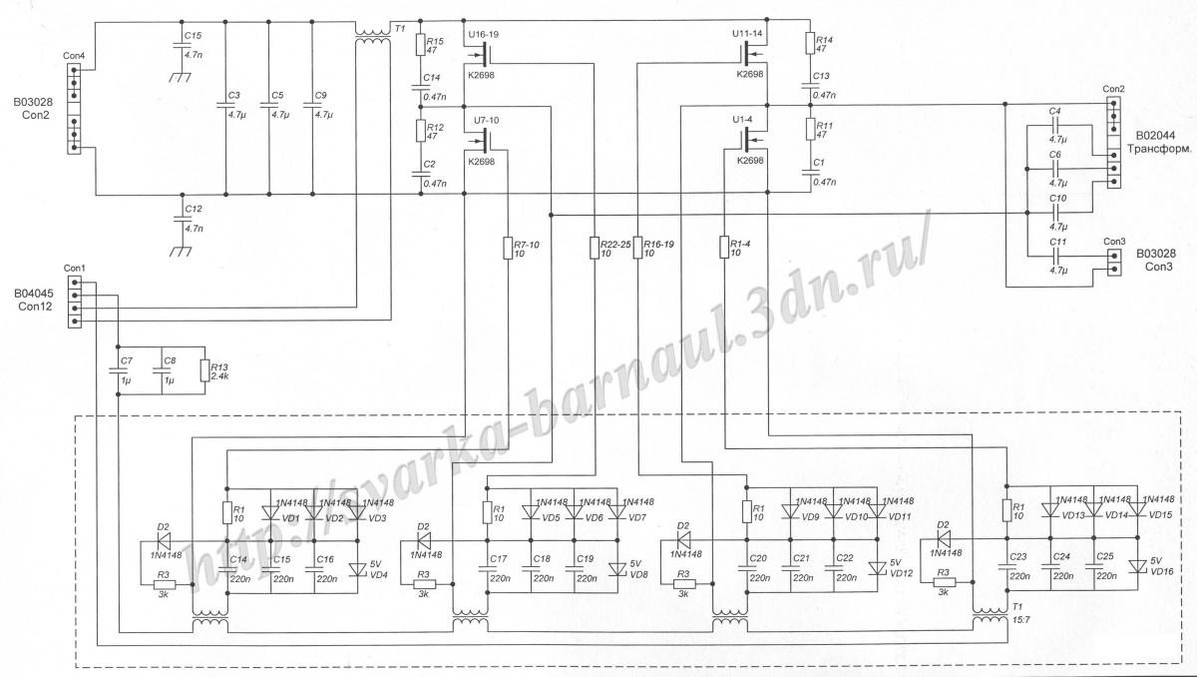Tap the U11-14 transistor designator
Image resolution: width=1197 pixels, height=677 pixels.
click(748, 33)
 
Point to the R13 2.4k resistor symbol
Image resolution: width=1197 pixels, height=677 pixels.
click(203, 370)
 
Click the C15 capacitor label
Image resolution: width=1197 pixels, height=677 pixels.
click(193, 36)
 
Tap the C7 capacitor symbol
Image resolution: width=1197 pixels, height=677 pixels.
click(119, 372)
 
